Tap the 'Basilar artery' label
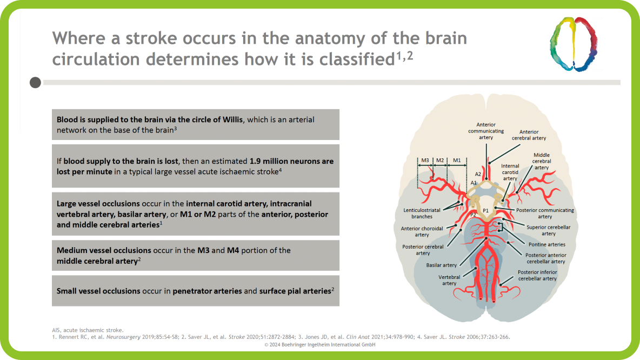coord(442,265)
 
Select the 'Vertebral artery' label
coord(449,279)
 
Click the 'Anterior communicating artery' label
coord(486,131)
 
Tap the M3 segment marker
coord(425,161)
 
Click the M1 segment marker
coord(457,161)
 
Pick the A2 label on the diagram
coord(478,174)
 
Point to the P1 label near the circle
coord(486,210)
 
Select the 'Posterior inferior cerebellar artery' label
coord(537,275)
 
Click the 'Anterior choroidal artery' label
coord(422,231)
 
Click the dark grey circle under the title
coord(35,83)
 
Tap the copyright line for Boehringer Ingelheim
coord(319,344)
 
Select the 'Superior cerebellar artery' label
coord(548,230)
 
